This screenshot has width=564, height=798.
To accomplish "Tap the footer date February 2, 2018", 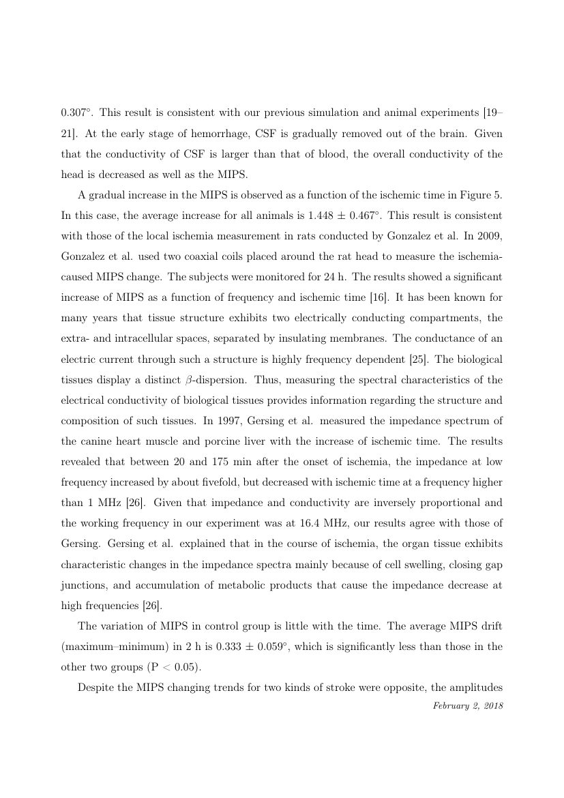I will [468, 705].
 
